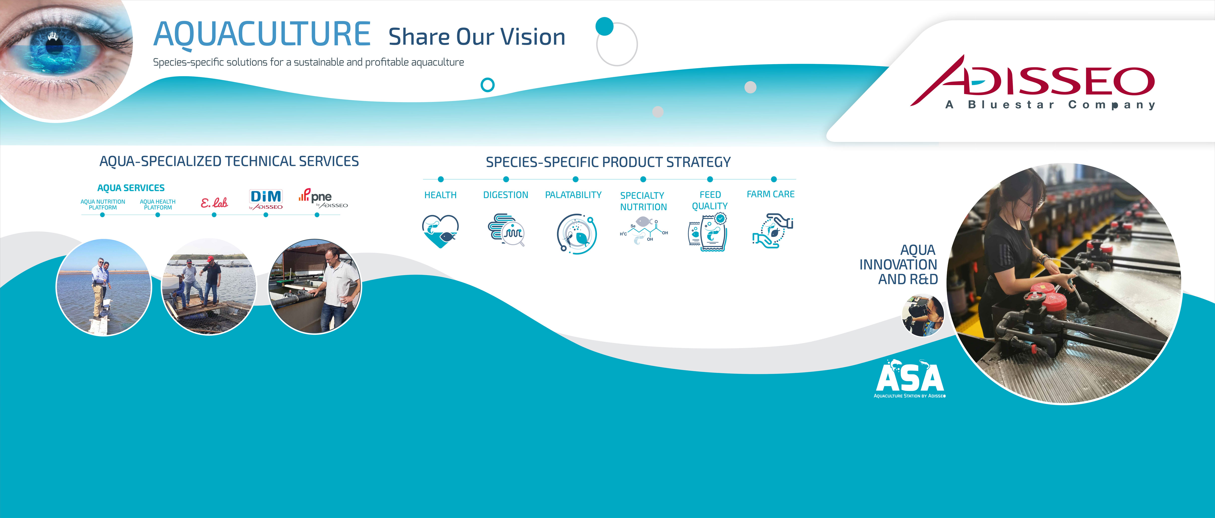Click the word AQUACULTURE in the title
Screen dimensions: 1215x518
coord(262,34)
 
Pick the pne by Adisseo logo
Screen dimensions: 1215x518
coord(323,198)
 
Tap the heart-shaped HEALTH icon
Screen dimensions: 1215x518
coord(440,231)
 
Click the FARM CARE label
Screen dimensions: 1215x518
coord(771,194)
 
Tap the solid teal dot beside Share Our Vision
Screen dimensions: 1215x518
coord(604,26)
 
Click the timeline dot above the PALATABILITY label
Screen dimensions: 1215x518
coord(575,179)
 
